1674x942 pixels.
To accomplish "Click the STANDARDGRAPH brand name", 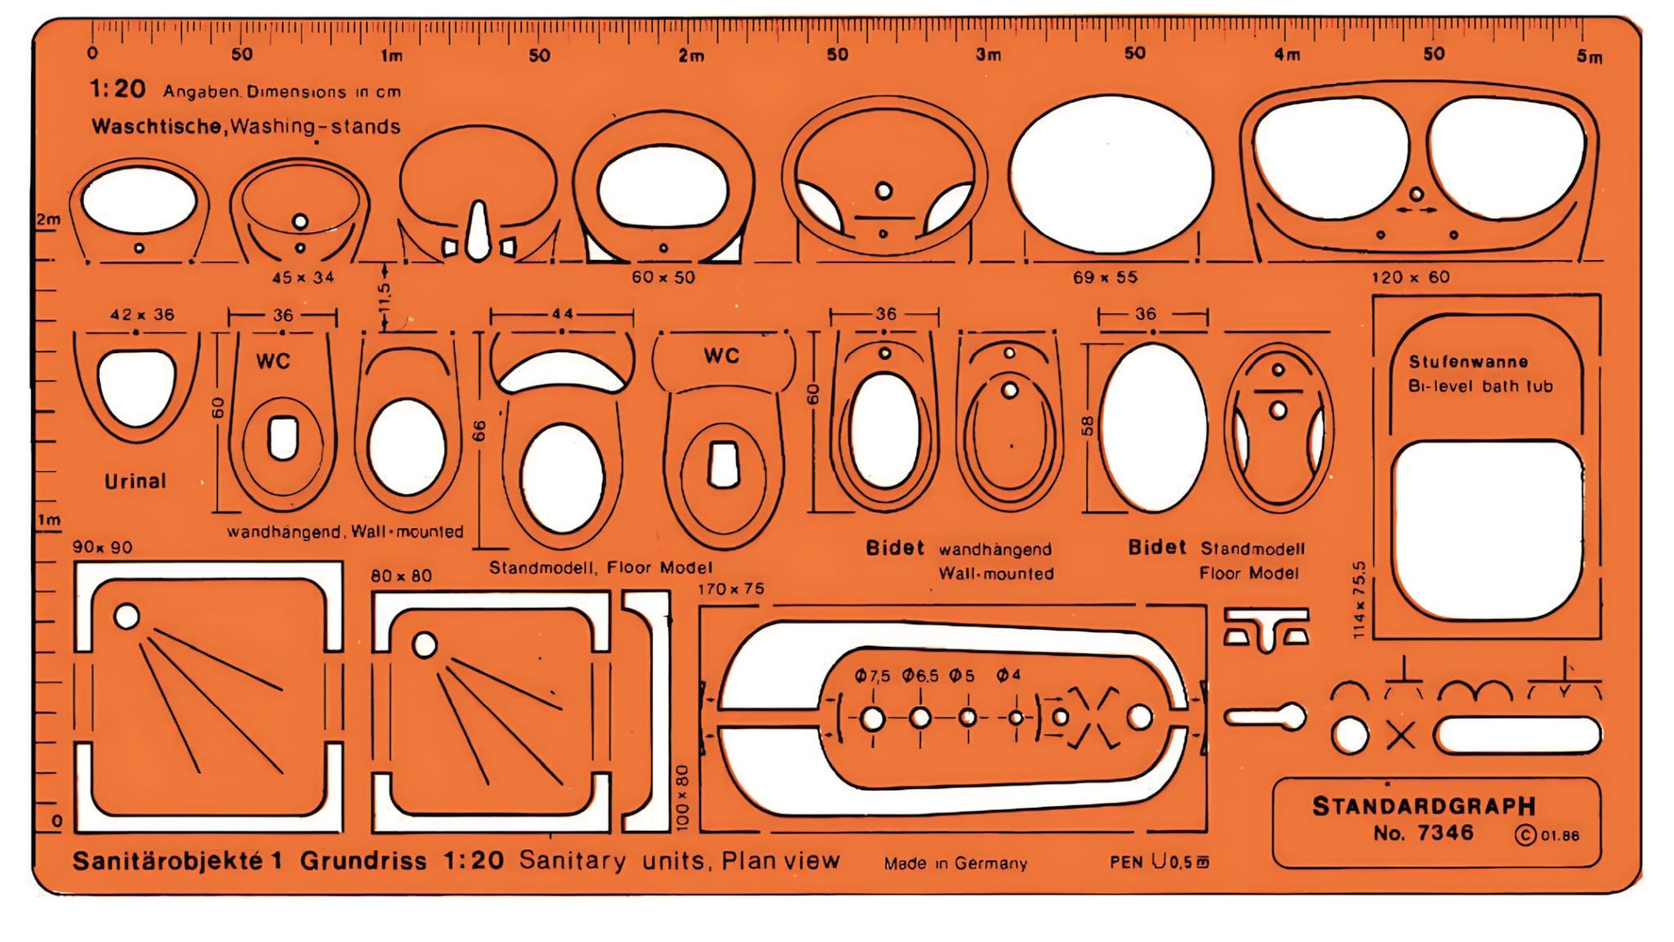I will click(x=1424, y=806).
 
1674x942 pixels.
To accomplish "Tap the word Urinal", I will click(x=135, y=481).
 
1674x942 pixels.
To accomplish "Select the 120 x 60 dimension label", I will click(x=1410, y=277).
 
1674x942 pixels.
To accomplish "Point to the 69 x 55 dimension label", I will click(x=1104, y=277).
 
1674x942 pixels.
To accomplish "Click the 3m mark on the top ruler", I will click(x=988, y=55).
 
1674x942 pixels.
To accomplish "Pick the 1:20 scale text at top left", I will click(x=117, y=88).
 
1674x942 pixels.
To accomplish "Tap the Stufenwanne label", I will click(x=1468, y=361).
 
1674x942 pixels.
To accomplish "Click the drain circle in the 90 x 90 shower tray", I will click(x=127, y=616).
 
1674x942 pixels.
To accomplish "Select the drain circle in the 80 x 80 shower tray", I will click(x=425, y=644).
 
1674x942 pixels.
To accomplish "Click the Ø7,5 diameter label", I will click(x=873, y=675).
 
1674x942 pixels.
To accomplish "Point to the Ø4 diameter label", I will click(x=1009, y=675).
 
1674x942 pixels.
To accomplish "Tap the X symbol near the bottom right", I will click(x=1401, y=736).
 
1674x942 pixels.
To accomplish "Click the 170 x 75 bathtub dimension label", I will click(x=731, y=589).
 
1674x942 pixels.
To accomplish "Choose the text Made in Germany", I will click(x=955, y=863).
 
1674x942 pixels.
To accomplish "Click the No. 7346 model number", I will click(x=1423, y=833).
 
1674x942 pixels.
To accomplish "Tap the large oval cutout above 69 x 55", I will click(x=1111, y=178).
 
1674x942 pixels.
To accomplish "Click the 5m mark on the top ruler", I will click(x=1589, y=56).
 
